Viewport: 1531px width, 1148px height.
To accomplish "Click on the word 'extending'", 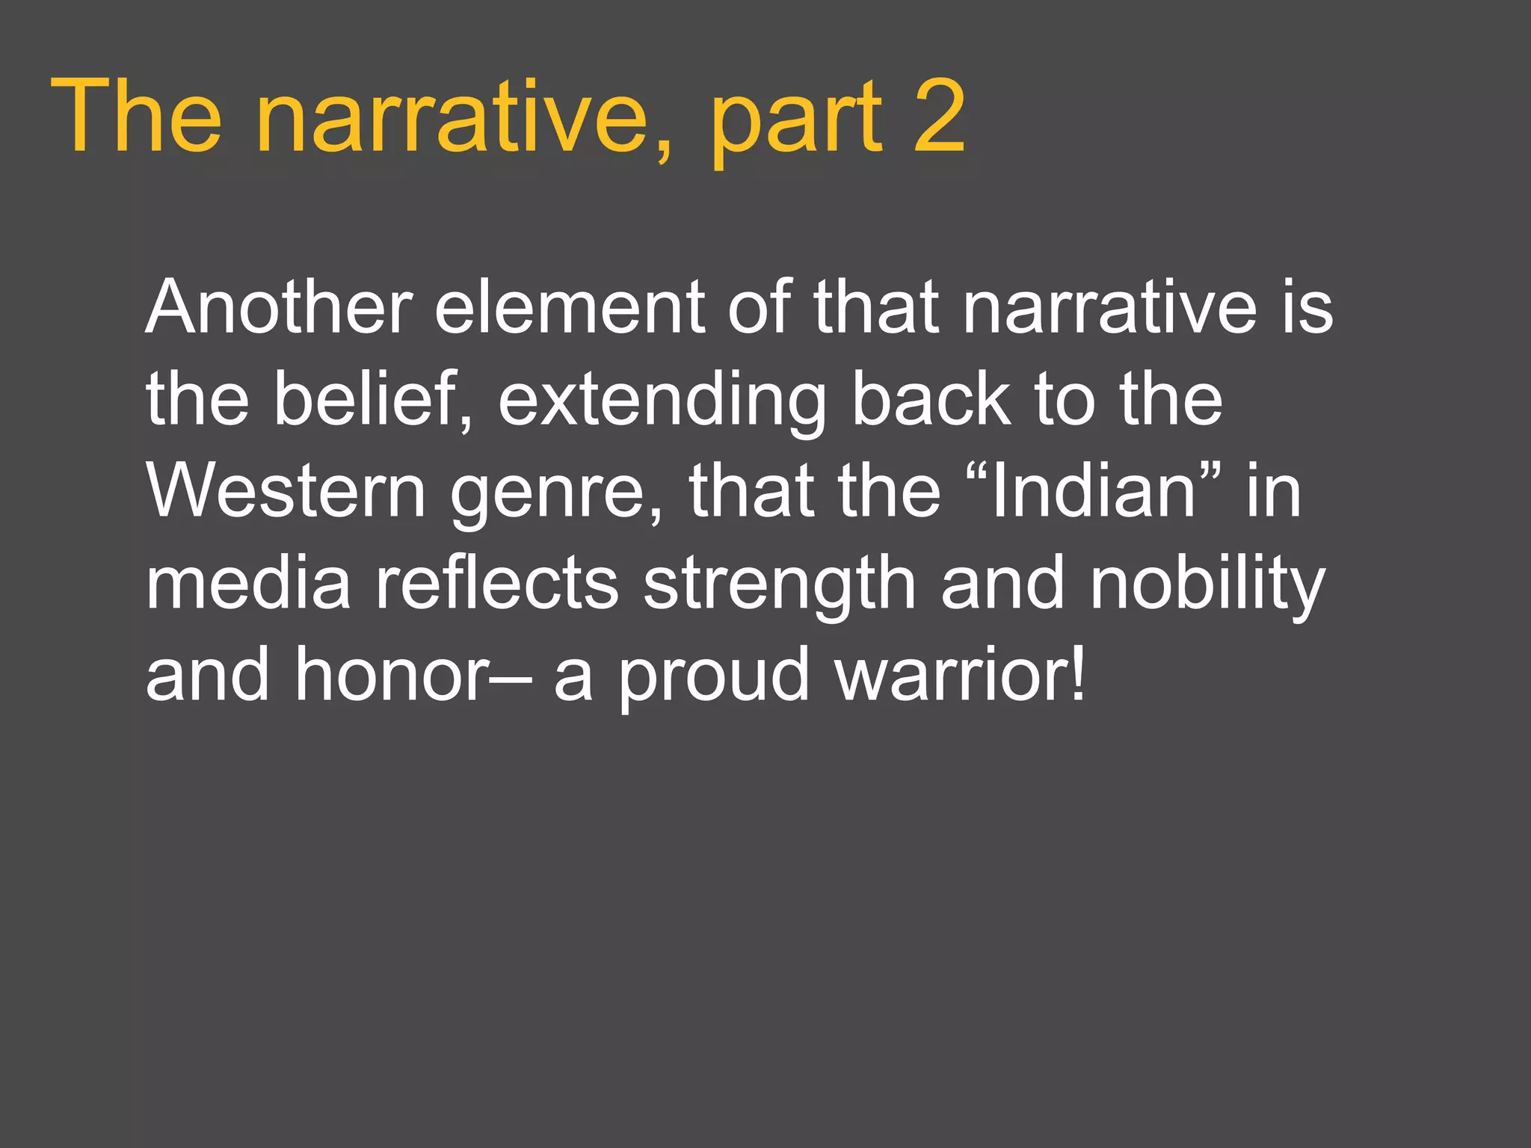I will (x=662, y=404).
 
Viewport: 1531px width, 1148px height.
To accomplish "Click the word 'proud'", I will (x=715, y=679).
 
